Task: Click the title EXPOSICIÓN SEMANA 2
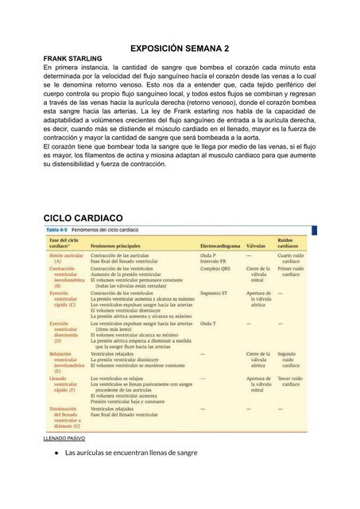(x=180, y=49)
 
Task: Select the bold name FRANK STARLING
(x=72, y=59)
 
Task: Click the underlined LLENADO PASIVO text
(x=64, y=438)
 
